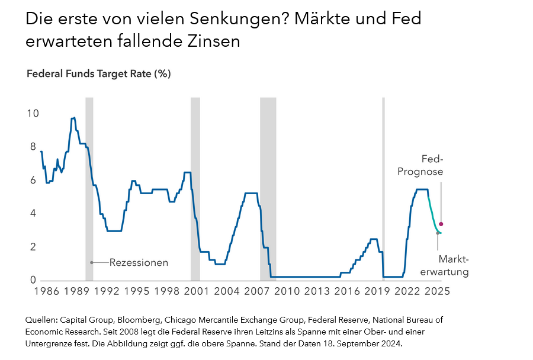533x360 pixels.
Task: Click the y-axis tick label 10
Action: click(x=32, y=113)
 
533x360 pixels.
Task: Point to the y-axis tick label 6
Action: click(x=33, y=180)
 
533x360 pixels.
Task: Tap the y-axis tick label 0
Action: click(x=33, y=281)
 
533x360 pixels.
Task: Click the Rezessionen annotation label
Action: click(x=139, y=262)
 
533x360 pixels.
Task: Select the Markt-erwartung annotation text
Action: click(x=454, y=266)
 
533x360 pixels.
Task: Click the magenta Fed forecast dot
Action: click(x=441, y=224)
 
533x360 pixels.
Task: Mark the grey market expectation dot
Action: click(x=438, y=233)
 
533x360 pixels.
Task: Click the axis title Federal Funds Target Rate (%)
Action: click(x=99, y=74)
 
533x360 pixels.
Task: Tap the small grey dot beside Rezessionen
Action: click(x=92, y=262)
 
